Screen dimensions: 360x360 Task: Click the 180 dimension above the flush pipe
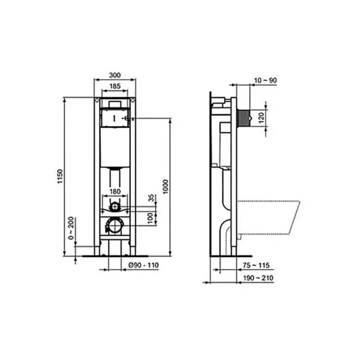click(115, 191)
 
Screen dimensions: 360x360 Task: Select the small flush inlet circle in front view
click(115, 209)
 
